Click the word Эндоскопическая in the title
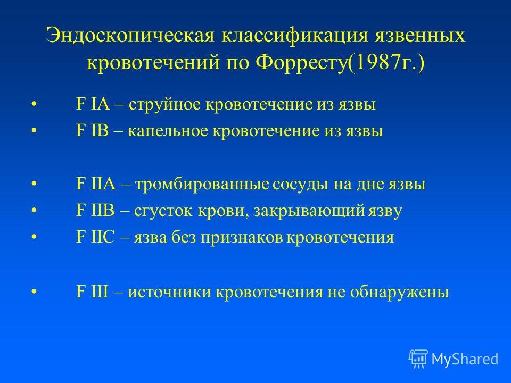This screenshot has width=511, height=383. point(130,36)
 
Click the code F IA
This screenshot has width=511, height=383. point(93,105)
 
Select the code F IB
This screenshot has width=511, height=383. point(92,131)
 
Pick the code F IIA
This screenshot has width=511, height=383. point(96,184)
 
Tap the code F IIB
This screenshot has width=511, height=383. point(95,211)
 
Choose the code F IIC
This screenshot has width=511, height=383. point(95,237)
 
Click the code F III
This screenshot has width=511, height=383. point(92,292)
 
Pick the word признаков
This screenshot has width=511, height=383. point(242,238)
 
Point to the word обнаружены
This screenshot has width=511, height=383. point(400,292)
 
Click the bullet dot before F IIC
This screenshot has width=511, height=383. point(34,237)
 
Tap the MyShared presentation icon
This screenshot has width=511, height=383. point(418,359)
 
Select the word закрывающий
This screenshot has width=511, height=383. point(309,211)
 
